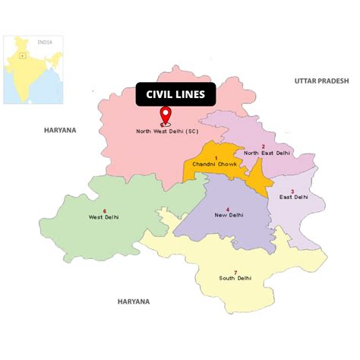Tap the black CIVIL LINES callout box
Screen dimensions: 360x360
(x=175, y=94)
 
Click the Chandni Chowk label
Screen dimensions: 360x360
(x=215, y=164)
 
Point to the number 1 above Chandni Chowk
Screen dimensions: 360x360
(x=216, y=156)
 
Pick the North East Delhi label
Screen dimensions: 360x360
(x=267, y=153)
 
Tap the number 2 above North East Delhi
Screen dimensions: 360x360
(x=263, y=145)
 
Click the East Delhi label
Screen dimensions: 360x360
(x=294, y=197)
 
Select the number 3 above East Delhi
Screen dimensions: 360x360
(x=292, y=191)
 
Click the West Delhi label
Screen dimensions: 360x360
(x=104, y=217)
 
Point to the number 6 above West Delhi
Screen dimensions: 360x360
(x=104, y=210)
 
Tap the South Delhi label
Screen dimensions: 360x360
(x=235, y=279)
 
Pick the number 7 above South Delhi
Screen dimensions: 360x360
(x=235, y=272)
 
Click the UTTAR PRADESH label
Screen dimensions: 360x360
(x=321, y=80)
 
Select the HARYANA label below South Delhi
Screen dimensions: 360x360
(x=133, y=302)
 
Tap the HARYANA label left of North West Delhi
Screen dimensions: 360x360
(x=60, y=130)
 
